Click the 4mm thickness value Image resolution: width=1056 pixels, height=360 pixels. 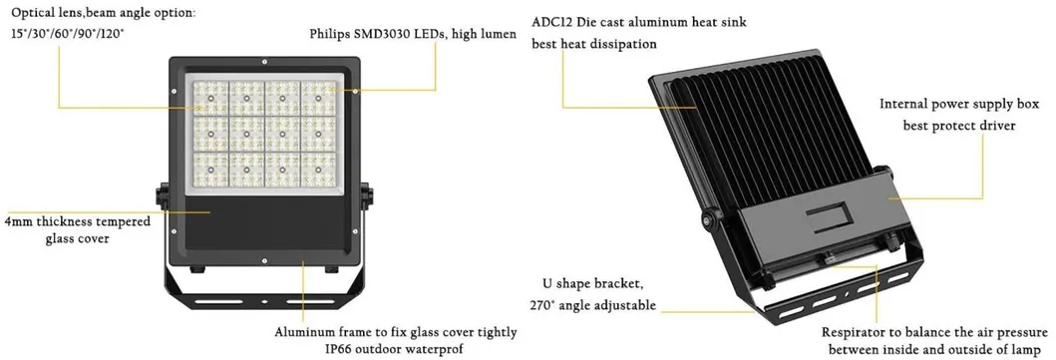(x=17, y=221)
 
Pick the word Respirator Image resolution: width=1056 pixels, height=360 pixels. (x=855, y=331)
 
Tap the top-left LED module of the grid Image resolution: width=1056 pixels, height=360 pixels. (x=212, y=98)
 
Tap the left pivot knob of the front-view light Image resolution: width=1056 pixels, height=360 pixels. (x=162, y=195)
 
